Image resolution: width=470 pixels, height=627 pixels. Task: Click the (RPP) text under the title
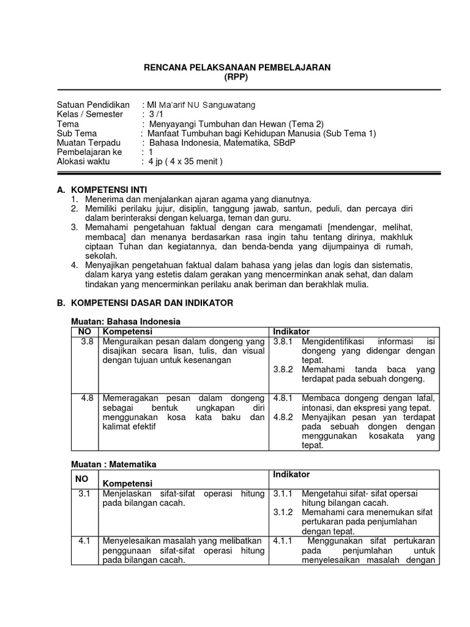(x=236, y=78)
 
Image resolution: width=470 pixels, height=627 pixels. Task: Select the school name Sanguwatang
(x=229, y=105)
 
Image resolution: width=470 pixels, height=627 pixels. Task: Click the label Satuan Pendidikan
(x=93, y=105)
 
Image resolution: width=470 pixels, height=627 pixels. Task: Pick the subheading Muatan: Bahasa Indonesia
(x=127, y=321)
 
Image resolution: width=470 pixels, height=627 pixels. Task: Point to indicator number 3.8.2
(x=283, y=370)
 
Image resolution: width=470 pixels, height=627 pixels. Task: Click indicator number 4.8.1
(x=283, y=398)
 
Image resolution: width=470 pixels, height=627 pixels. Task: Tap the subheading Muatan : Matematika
(x=115, y=465)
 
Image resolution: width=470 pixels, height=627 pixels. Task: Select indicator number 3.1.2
(x=283, y=512)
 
